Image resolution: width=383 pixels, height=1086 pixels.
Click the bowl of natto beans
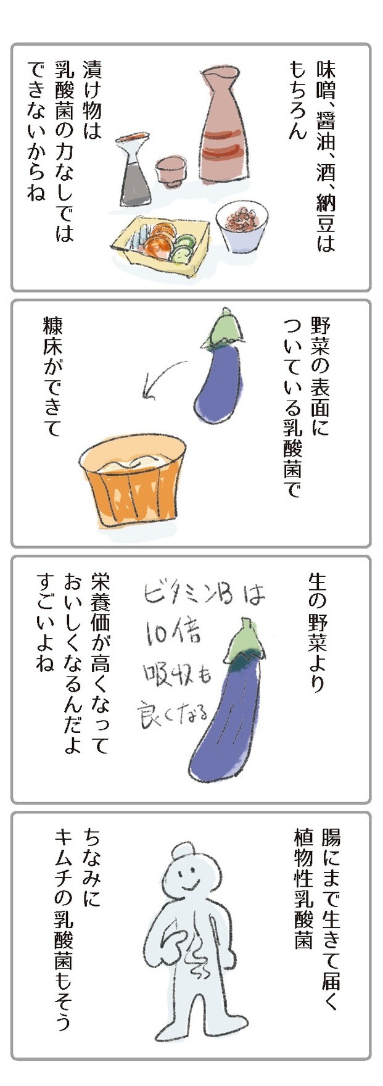242,225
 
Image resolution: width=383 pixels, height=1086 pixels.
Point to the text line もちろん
297,99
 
